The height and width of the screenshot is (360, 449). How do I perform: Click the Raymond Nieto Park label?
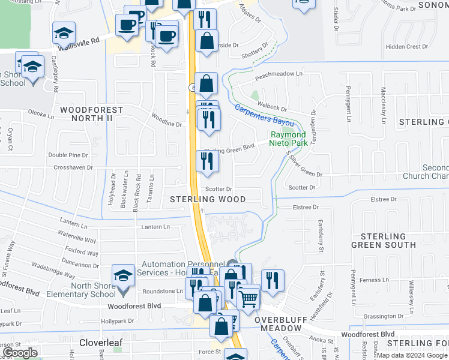[288, 139]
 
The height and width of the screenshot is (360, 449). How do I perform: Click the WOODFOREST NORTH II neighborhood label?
[91, 115]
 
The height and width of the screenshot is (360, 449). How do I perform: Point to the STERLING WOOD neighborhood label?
[208, 199]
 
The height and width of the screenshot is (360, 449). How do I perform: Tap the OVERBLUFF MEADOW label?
[283, 325]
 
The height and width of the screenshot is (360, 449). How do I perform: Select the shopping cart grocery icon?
[248, 298]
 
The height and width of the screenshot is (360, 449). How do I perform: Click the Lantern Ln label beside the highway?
[155, 227]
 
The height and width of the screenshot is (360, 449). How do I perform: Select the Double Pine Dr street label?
[68, 155]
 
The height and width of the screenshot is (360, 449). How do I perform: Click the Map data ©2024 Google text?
[411, 355]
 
